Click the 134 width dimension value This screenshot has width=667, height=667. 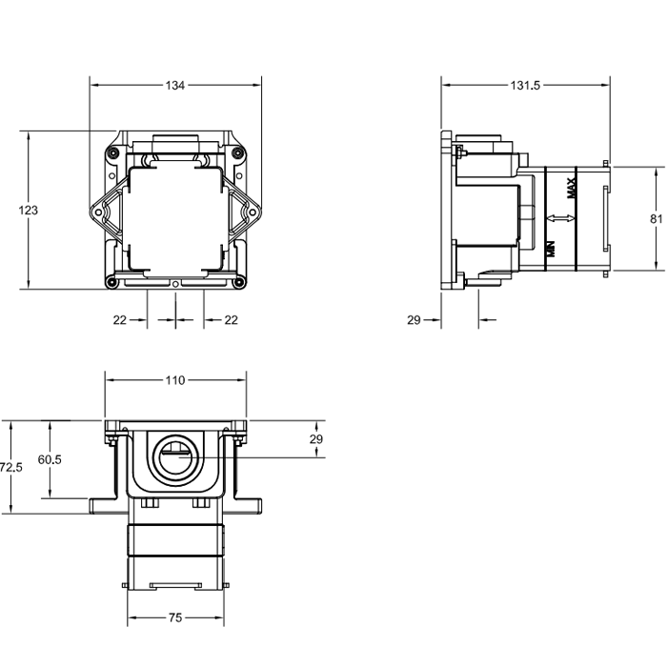click(x=174, y=86)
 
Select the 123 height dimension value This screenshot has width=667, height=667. click(x=28, y=211)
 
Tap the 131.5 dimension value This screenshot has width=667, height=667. click(x=525, y=86)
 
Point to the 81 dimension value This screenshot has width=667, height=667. click(x=657, y=218)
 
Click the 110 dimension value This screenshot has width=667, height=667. click(x=174, y=380)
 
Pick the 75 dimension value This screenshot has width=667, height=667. click(x=175, y=617)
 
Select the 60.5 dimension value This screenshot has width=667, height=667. click(x=50, y=459)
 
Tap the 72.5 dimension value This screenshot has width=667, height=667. click(x=11, y=468)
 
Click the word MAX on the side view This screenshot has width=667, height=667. click(x=572, y=188)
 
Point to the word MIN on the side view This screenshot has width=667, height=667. click(x=552, y=249)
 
